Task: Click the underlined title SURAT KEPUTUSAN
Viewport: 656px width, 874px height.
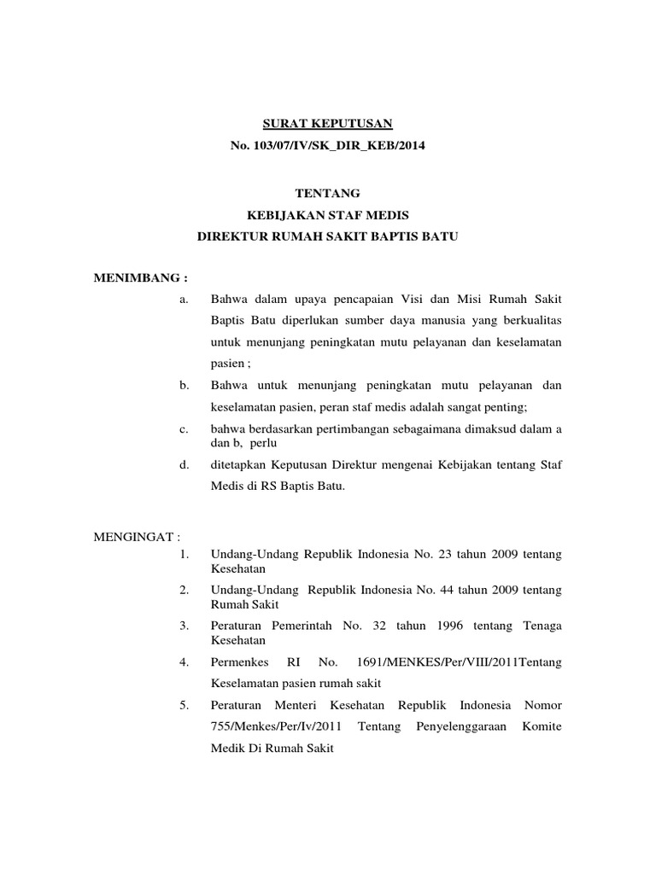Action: (327, 125)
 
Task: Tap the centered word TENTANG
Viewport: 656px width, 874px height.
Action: (327, 194)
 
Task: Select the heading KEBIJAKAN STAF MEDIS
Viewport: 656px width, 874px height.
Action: (327, 215)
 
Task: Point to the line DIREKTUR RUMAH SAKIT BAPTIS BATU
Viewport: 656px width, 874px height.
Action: (328, 236)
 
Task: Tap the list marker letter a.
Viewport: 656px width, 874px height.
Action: (184, 299)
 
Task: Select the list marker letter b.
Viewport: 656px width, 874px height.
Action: (184, 386)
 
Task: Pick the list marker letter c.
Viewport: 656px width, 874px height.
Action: (184, 428)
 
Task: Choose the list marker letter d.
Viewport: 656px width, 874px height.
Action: (184, 464)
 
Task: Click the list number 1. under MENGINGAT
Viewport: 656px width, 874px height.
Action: (184, 554)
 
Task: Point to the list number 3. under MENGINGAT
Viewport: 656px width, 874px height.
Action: (184, 626)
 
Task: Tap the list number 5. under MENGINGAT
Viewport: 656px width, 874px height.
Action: (184, 705)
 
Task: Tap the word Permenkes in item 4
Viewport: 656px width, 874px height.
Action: (240, 661)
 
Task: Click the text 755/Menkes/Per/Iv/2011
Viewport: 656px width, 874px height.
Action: (273, 726)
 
